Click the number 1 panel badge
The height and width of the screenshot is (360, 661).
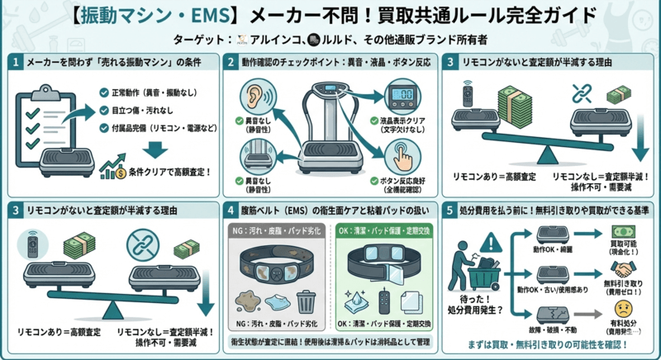17,62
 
